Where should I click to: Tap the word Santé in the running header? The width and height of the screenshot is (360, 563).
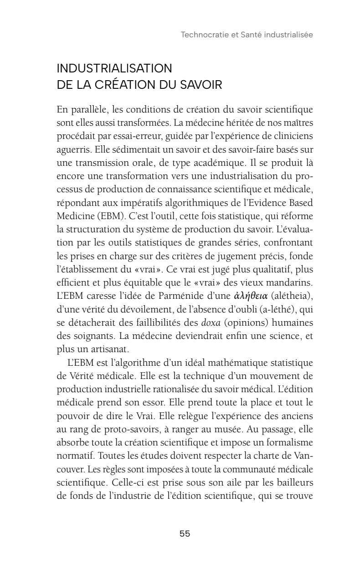click(245, 35)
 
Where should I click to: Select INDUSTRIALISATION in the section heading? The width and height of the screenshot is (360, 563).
click(114, 69)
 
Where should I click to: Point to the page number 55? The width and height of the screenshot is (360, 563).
click(185, 534)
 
